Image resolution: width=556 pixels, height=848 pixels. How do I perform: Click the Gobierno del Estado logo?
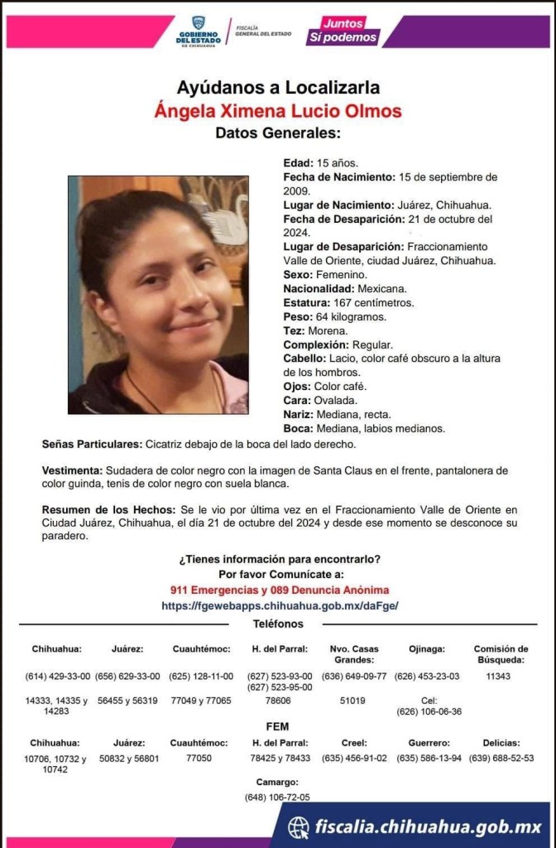[x=197, y=31]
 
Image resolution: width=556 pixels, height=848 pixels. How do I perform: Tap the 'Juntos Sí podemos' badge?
[x=343, y=31]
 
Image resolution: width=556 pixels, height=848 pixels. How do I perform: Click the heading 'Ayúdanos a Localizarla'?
[x=278, y=87]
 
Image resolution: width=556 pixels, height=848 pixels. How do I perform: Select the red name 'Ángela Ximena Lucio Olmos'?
[x=278, y=110]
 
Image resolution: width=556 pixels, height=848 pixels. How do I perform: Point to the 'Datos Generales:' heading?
[x=278, y=132]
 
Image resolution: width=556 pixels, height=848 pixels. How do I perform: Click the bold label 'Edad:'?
[x=299, y=163]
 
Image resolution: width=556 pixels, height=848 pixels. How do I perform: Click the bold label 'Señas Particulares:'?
[x=92, y=443]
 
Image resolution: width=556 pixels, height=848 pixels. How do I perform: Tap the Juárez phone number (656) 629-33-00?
[x=127, y=676]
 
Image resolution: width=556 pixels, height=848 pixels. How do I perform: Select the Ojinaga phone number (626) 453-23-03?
[x=427, y=676]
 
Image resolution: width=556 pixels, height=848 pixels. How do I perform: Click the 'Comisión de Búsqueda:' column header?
[x=501, y=654]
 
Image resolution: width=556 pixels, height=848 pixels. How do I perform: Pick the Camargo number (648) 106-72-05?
[x=278, y=797]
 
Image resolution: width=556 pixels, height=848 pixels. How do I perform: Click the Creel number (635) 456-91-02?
[x=354, y=758]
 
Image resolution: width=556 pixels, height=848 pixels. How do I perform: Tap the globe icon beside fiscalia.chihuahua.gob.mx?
[x=299, y=826]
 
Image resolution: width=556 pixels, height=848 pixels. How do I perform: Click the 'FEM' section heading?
[x=278, y=726]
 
